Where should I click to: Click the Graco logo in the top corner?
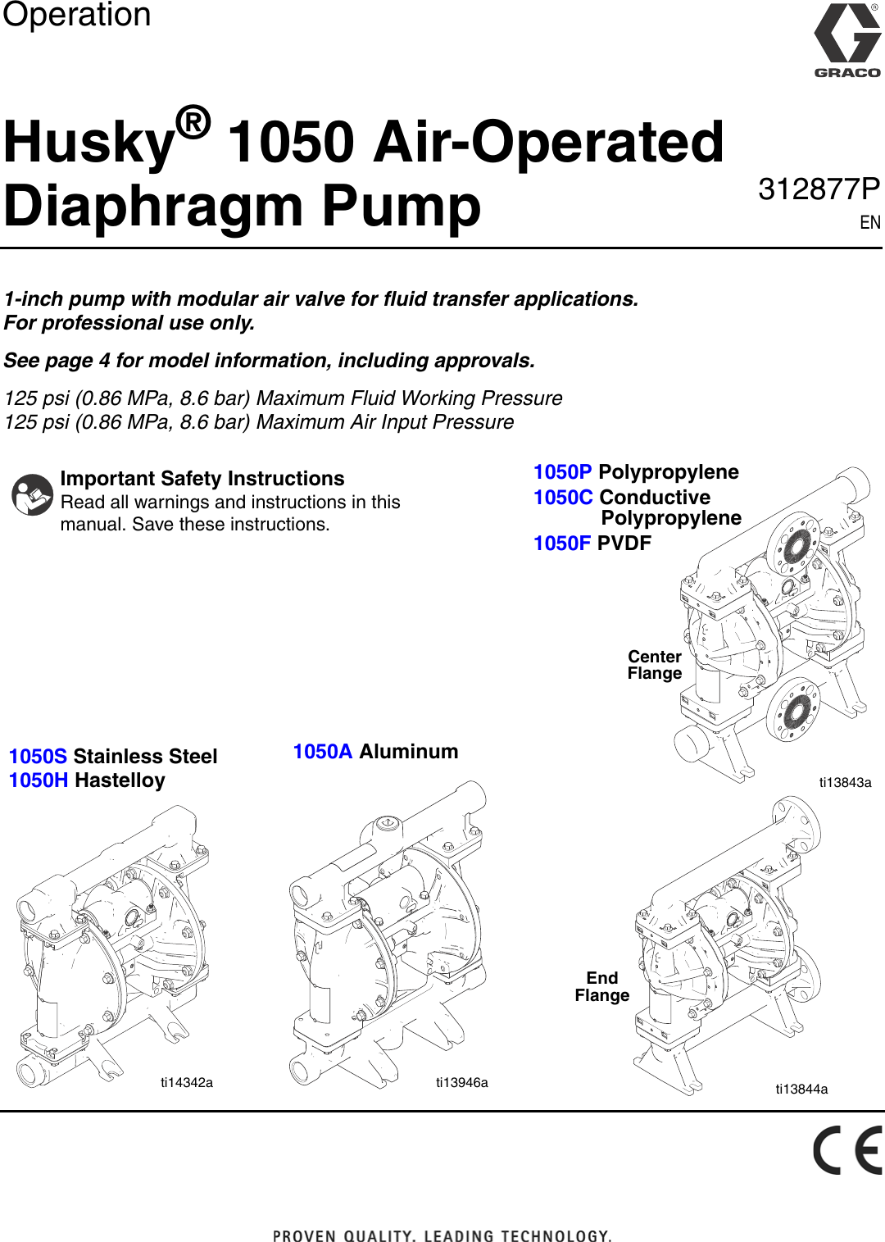coord(846,39)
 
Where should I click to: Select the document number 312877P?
coord(819,189)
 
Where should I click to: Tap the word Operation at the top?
coord(77,15)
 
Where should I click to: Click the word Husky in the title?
coord(89,143)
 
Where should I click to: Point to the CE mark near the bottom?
coord(847,1150)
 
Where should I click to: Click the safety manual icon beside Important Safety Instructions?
coord(33,494)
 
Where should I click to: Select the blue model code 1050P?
coord(562,472)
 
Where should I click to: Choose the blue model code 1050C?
coord(563,498)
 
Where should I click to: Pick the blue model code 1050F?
coord(562,544)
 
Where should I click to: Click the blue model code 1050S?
coord(38,757)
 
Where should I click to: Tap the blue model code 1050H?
coord(39,780)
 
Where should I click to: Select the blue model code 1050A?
coord(323,752)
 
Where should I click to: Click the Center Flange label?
coord(654,665)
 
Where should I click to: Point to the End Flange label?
coord(601,986)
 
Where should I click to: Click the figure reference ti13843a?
coord(845,782)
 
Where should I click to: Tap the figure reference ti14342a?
coord(187,1082)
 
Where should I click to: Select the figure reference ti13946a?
coord(461,1082)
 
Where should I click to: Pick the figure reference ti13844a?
coord(801,1089)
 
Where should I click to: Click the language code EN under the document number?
coord(869,223)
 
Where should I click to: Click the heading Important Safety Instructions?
coord(202,479)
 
